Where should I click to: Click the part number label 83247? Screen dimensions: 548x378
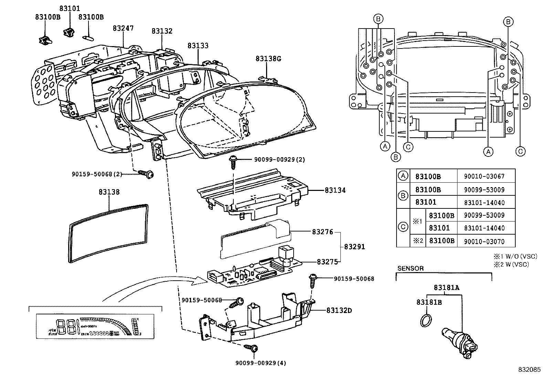pos(123,28)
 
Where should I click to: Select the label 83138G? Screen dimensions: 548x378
pos(268,59)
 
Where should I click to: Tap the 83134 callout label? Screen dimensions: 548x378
pos(335,190)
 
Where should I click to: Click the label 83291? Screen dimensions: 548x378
pos(354,247)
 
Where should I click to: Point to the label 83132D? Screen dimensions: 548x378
pos(339,310)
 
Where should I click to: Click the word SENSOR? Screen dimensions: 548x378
pos(410,268)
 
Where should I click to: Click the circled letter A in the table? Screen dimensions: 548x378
pos(402,176)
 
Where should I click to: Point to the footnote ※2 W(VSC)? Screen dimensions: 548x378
pos(511,264)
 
